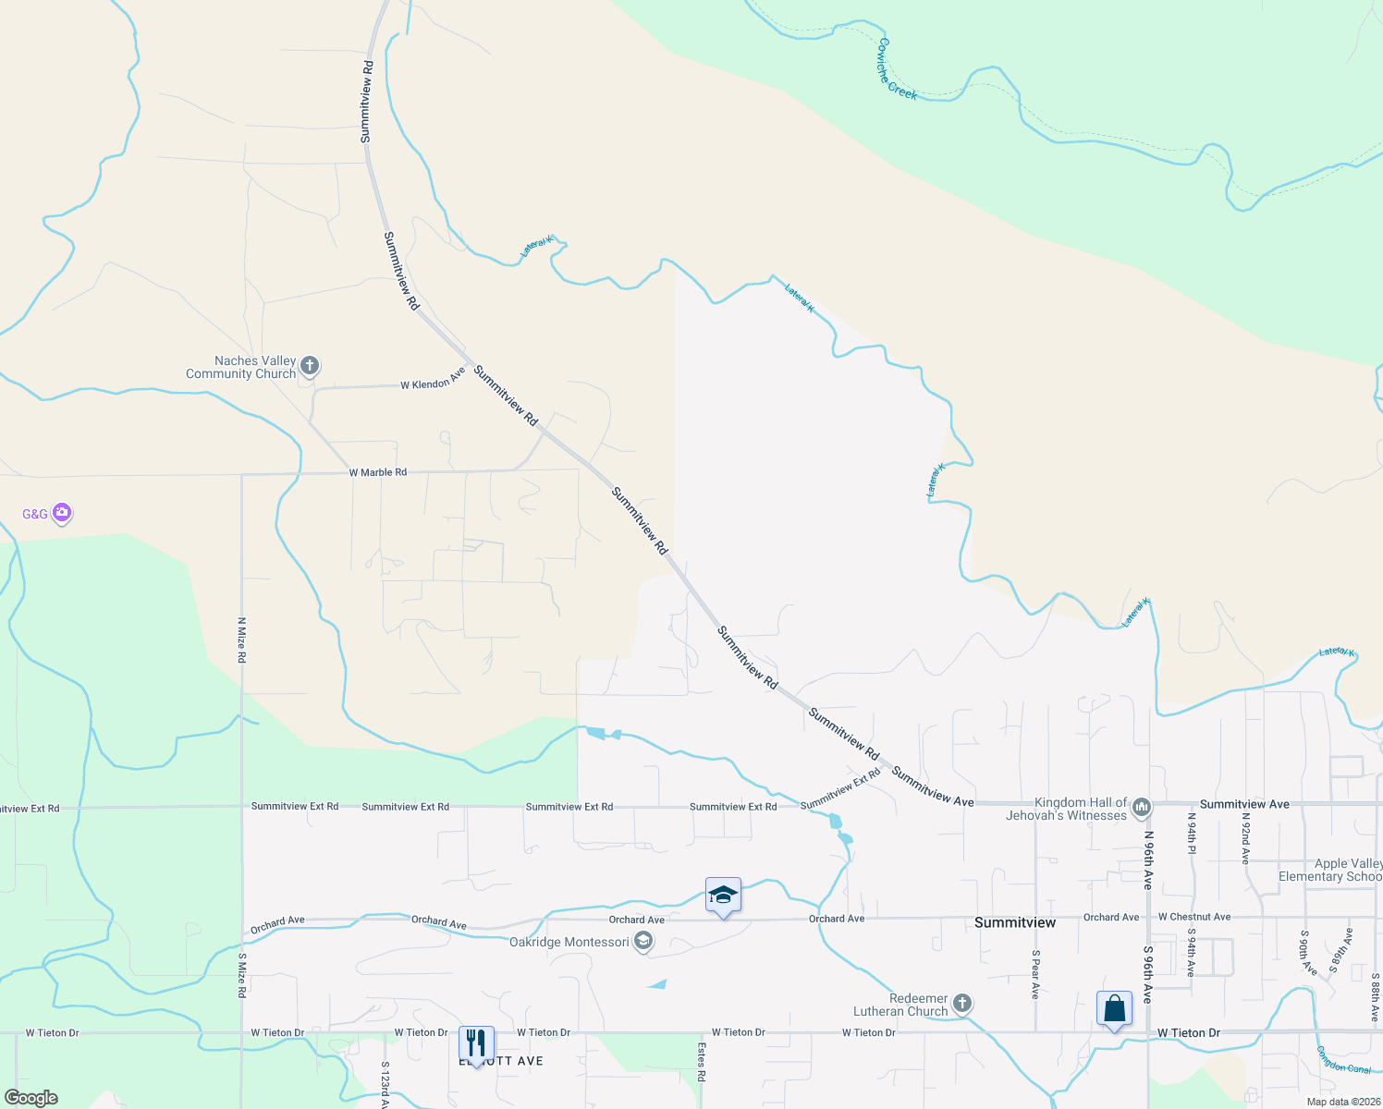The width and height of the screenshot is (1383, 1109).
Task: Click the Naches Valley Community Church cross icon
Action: click(310, 366)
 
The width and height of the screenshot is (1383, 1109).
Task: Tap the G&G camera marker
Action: click(62, 512)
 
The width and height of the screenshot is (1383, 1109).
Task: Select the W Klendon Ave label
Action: click(433, 380)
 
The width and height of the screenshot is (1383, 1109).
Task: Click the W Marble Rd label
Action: click(378, 472)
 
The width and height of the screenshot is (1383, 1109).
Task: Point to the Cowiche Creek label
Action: click(897, 68)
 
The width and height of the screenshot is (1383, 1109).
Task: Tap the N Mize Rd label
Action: click(242, 640)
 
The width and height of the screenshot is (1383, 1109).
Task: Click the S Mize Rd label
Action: click(242, 975)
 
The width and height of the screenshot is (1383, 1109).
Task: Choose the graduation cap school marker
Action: click(723, 896)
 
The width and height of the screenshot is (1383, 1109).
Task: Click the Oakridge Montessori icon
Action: click(643, 942)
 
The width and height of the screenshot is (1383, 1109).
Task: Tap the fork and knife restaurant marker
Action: click(476, 1044)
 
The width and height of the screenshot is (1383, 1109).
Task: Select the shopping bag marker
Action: click(1114, 1009)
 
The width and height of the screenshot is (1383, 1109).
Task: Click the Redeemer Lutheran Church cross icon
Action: click(961, 1004)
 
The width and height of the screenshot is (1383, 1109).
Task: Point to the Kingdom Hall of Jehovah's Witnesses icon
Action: click(1142, 808)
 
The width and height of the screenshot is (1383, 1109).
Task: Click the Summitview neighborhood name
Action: click(1015, 922)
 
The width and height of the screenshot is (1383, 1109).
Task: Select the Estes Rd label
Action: click(702, 1063)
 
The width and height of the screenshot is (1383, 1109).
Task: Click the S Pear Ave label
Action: click(1035, 974)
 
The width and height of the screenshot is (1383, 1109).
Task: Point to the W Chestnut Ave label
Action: click(1194, 917)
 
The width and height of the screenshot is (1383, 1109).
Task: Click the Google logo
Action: click(31, 1098)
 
